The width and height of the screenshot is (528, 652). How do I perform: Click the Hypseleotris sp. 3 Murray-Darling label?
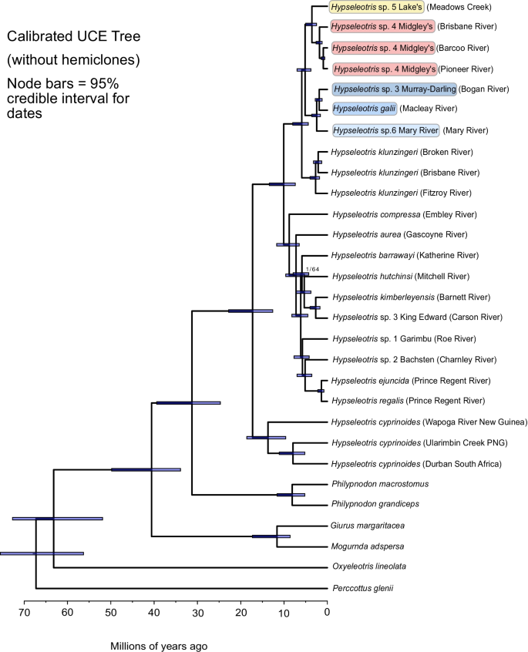(394, 89)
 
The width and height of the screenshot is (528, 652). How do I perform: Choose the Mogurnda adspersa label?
(368, 546)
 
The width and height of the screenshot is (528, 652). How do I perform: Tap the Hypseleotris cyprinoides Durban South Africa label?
(416, 464)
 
